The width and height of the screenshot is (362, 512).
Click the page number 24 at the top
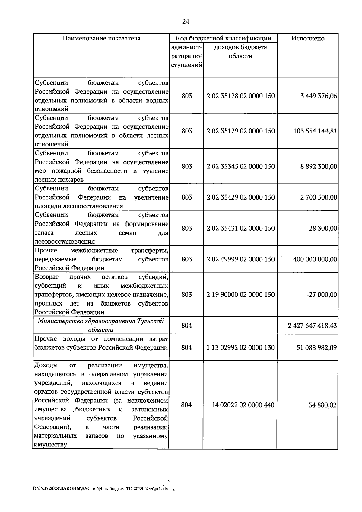click(186, 21)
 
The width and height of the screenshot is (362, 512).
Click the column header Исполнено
click(308, 38)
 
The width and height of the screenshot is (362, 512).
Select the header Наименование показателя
click(101, 38)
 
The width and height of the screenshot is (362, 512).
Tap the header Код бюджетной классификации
click(223, 38)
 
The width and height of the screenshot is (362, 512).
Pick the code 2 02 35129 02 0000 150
click(241, 131)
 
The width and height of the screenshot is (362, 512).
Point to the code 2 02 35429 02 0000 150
click(241, 197)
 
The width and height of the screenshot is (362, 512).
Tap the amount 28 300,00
click(323, 229)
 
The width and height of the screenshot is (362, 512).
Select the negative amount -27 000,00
click(322, 295)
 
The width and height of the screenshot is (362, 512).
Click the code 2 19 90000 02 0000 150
click(241, 295)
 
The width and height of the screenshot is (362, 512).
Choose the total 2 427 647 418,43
click(312, 326)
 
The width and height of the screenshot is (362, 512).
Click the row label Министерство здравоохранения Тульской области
click(101, 325)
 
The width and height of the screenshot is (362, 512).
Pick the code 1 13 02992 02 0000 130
click(240, 348)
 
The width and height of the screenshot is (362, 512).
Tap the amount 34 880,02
click(322, 405)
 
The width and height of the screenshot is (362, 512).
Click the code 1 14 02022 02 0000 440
click(240, 405)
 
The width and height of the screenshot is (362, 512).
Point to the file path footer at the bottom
click(100, 488)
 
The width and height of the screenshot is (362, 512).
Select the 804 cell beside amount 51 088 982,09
click(186, 348)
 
